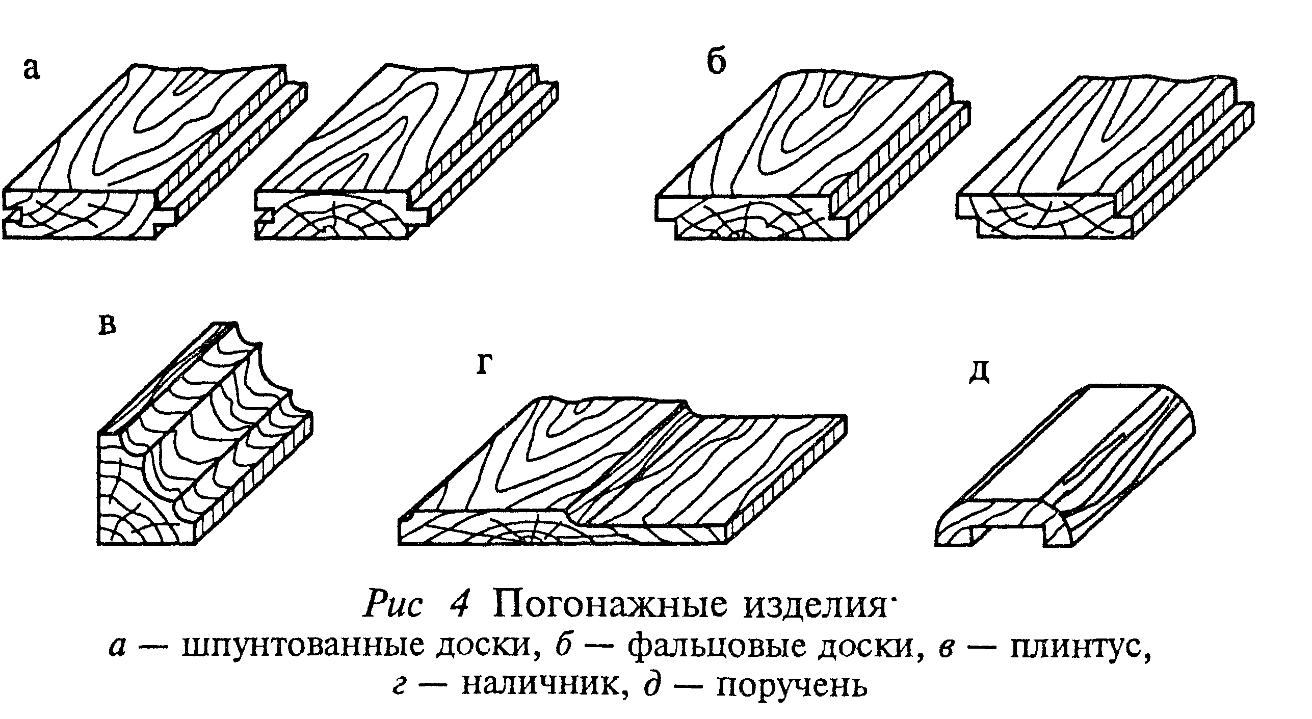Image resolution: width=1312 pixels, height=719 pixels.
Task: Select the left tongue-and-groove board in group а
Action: click(x=153, y=153)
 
